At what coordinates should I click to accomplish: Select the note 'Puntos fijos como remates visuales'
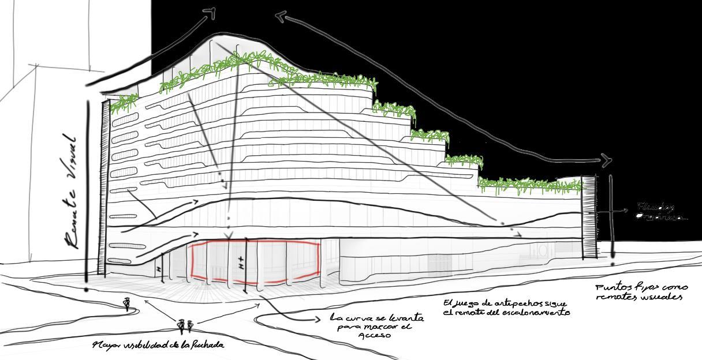pos(641,292)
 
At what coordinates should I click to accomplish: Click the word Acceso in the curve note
pos(374,335)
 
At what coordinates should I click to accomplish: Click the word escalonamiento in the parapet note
pos(537,313)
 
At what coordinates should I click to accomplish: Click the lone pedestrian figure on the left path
pos(127,303)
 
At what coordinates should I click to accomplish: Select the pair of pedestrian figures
pos(185,327)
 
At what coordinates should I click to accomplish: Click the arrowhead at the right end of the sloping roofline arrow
pos(607,160)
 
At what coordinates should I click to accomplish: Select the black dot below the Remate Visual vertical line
pos(87,290)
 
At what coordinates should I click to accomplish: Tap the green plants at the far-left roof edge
pos(124,103)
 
